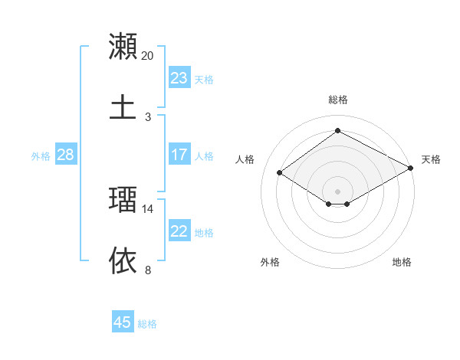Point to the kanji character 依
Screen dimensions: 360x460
[x=123, y=260]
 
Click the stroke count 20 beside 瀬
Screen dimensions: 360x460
[x=148, y=56]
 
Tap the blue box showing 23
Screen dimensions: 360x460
[x=179, y=78]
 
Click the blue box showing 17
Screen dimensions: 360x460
[x=179, y=155]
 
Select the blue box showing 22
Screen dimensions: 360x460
[x=179, y=231]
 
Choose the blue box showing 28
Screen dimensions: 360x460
[x=66, y=155]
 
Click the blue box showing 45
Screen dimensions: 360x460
[x=123, y=322]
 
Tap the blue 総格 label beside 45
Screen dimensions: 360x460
[x=147, y=324]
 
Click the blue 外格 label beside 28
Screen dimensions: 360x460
[x=41, y=156]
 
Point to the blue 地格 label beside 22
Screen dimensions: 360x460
[x=204, y=233]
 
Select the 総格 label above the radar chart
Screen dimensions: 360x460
[x=338, y=100]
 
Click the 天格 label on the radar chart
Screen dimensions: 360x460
[x=431, y=159]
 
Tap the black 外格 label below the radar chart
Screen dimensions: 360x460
[x=270, y=262]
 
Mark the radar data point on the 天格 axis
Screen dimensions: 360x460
[x=411, y=169]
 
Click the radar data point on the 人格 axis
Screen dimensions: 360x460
[x=280, y=173]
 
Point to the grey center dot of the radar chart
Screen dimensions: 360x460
[x=338, y=191]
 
